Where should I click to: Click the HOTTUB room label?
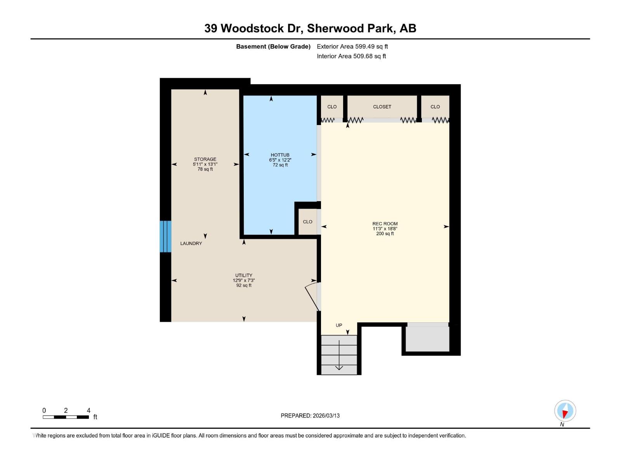tap(280, 155)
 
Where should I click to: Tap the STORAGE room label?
tap(205, 159)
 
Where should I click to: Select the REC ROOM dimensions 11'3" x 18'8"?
tap(385, 229)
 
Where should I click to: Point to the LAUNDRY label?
tap(191, 243)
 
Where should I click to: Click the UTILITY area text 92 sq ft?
tap(244, 285)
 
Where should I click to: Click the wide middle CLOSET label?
tap(382, 107)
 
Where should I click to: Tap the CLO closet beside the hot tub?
tap(307, 222)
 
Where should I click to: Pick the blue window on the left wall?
tap(165, 236)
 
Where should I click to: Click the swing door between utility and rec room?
tap(312, 297)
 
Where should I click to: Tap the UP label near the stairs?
tap(339, 325)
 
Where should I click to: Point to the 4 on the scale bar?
tap(88, 410)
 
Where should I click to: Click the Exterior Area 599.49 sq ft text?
tap(352, 47)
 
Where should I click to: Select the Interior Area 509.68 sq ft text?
tap(351, 56)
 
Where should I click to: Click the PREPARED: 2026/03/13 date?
tap(310, 416)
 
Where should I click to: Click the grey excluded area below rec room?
tap(427, 339)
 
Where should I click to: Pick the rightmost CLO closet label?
tap(435, 107)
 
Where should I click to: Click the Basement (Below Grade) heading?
tap(273, 47)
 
